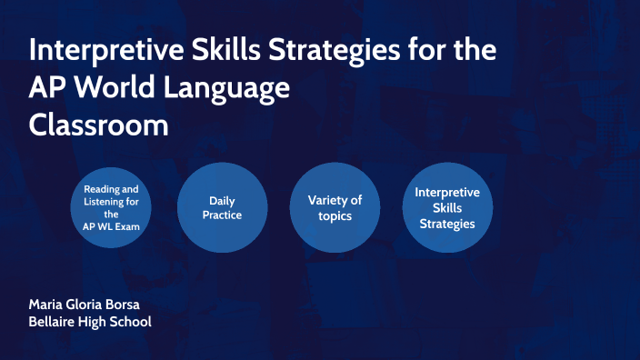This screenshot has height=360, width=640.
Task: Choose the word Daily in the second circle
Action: coord(223,200)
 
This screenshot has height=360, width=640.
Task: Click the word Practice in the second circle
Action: coord(223,215)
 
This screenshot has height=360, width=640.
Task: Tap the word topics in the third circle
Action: coord(335,215)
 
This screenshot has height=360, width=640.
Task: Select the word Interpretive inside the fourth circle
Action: coord(447,193)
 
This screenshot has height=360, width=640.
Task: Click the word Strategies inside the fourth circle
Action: coord(447,224)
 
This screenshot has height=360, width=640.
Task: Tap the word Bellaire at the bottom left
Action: coord(55,322)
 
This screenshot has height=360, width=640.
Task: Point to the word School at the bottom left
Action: coord(130,322)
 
